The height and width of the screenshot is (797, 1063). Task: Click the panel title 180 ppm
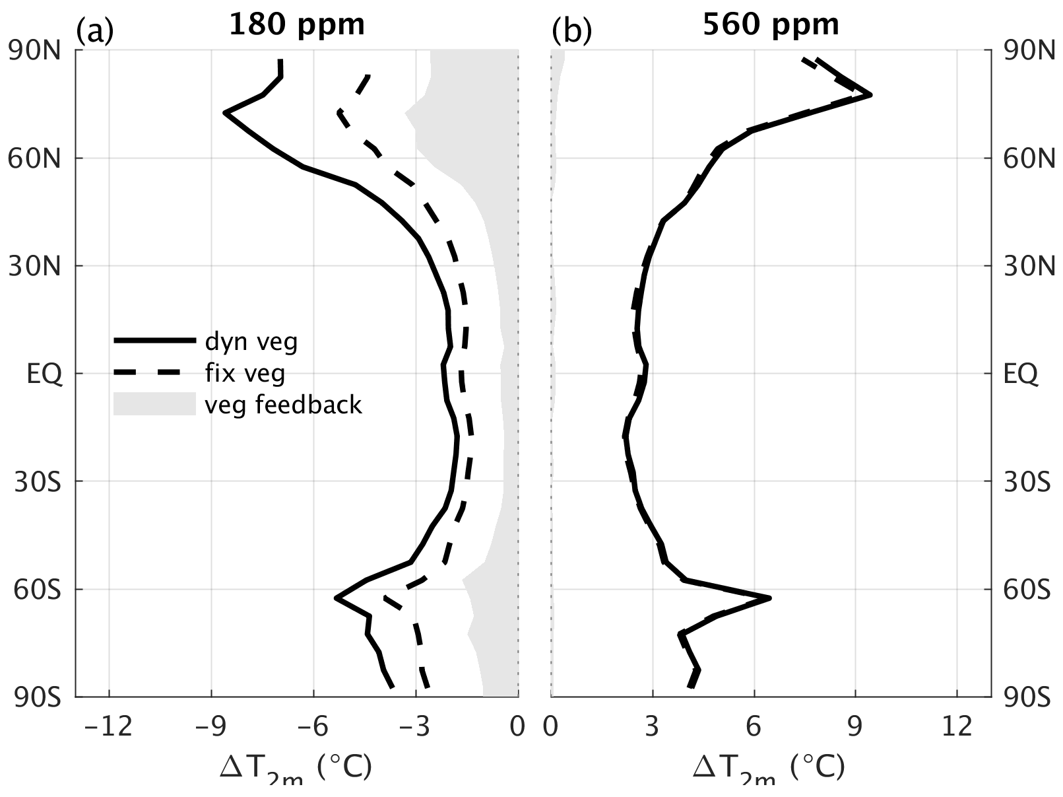pyautogui.click(x=296, y=24)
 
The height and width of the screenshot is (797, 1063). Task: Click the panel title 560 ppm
pyautogui.click(x=771, y=24)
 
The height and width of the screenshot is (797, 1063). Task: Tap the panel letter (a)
pyautogui.click(x=95, y=30)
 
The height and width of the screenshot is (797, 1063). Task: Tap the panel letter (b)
pyautogui.click(x=571, y=30)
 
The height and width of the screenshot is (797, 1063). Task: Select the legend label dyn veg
pyautogui.click(x=251, y=341)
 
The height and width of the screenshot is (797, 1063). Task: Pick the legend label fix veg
pyautogui.click(x=244, y=373)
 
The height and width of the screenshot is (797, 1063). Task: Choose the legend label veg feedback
pyautogui.click(x=283, y=404)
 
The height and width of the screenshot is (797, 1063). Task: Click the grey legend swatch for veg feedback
pyautogui.click(x=154, y=404)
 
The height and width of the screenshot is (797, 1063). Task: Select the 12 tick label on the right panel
pyautogui.click(x=957, y=727)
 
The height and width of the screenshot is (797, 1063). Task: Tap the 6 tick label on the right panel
pyautogui.click(x=754, y=727)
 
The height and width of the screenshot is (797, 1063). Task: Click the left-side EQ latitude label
pyautogui.click(x=44, y=374)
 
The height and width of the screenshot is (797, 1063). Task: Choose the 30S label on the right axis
pyautogui.click(x=1026, y=482)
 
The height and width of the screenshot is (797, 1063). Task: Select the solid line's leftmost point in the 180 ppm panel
pyautogui.click(x=225, y=113)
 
